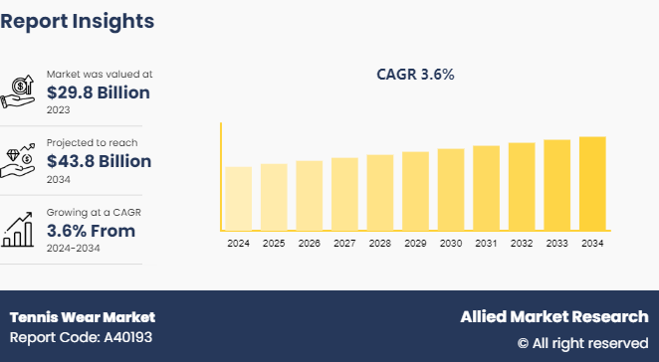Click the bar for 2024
(x=238, y=198)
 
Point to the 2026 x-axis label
(x=310, y=244)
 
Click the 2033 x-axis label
(x=556, y=244)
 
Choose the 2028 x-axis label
(x=380, y=244)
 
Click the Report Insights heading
(x=78, y=20)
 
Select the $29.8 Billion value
(x=99, y=93)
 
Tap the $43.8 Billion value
(x=99, y=161)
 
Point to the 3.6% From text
(x=91, y=231)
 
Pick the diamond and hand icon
(x=21, y=159)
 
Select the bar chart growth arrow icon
(x=21, y=228)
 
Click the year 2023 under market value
(x=59, y=110)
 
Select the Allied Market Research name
(x=553, y=317)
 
